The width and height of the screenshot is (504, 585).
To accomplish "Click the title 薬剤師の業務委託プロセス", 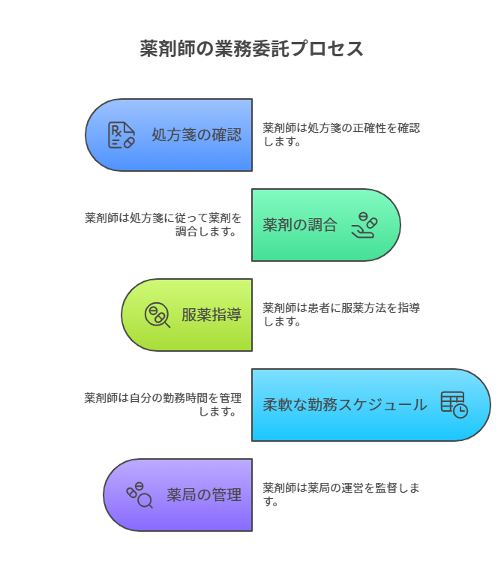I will pyautogui.click(x=252, y=49).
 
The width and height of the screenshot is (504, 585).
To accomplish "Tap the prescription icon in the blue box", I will pyautogui.click(x=121, y=135).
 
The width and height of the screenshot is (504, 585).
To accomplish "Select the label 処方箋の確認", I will pyautogui.click(x=196, y=135).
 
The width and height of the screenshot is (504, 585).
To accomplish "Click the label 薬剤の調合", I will pyautogui.click(x=300, y=225).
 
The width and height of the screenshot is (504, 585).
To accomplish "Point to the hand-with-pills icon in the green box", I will pyautogui.click(x=364, y=225).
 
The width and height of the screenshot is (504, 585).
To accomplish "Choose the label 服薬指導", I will pyautogui.click(x=211, y=315).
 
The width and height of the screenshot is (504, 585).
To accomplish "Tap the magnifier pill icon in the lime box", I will pyautogui.click(x=157, y=315).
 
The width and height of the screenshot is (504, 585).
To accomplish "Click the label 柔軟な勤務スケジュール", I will pyautogui.click(x=345, y=405).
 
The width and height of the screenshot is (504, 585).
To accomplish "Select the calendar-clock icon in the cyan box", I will pyautogui.click(x=454, y=405).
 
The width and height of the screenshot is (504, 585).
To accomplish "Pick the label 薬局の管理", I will pyautogui.click(x=204, y=495).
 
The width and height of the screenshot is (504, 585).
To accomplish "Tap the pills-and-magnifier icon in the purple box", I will pyautogui.click(x=139, y=495).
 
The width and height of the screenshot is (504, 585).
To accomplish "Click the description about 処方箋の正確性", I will pyautogui.click(x=341, y=134).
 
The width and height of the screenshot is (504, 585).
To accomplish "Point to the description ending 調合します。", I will pyautogui.click(x=163, y=224).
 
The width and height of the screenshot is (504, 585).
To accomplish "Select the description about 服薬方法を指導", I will pyautogui.click(x=341, y=314).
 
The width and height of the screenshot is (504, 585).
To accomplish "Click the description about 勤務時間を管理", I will pyautogui.click(x=163, y=404).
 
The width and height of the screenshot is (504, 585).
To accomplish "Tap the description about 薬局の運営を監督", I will pyautogui.click(x=341, y=494).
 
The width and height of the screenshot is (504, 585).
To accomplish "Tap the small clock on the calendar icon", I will pyautogui.click(x=460, y=411).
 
